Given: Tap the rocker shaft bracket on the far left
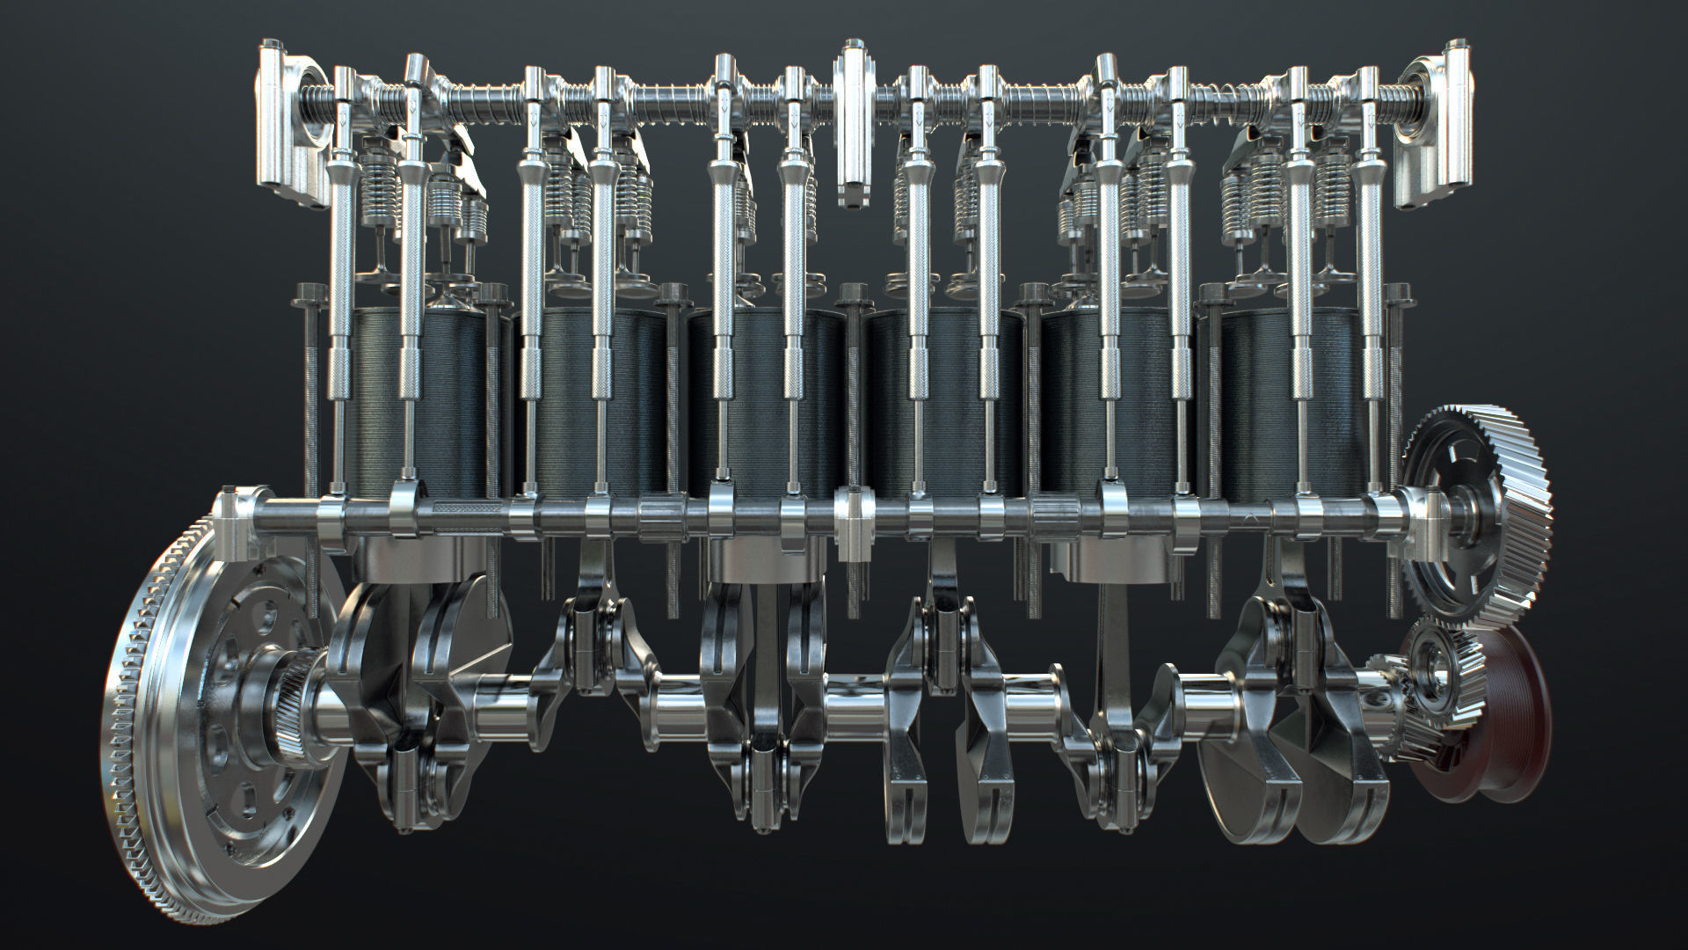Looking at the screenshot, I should click(286, 123).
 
